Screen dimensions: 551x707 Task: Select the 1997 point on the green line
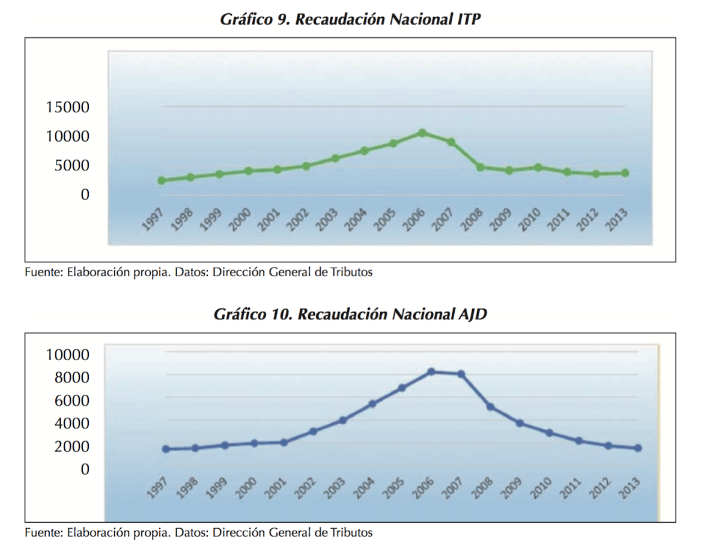[162, 180]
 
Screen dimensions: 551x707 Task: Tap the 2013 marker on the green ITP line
[625, 173]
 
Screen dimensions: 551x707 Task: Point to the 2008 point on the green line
[481, 167]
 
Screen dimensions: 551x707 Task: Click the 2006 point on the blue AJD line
[431, 372]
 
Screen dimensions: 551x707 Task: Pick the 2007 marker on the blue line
[461, 374]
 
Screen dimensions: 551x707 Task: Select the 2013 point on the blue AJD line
[638, 448]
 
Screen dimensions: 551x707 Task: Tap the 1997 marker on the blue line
[166, 449]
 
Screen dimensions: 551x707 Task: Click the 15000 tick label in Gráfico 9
[67, 107]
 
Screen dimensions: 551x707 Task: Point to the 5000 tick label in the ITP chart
[71, 166]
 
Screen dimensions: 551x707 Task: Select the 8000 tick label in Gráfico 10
[67, 378]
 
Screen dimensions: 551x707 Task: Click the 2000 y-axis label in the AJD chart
[67, 447]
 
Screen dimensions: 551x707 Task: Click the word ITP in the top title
[468, 19]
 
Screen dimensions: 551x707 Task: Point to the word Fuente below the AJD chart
[43, 532]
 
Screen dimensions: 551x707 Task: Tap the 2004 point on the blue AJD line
[372, 404]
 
